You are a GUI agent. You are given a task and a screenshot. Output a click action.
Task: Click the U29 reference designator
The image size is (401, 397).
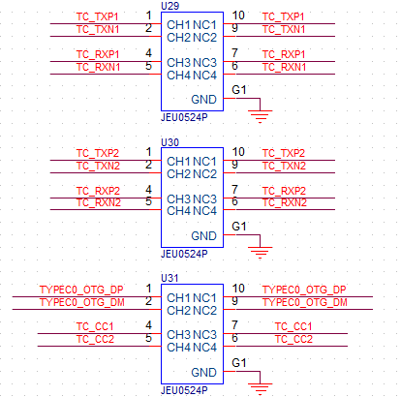tap(170, 6)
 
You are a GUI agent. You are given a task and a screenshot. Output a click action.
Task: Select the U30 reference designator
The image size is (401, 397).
tap(170, 142)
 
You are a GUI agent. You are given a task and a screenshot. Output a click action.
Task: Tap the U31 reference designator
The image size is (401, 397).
tap(170, 278)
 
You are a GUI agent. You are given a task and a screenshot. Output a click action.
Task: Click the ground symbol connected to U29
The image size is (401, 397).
tap(260, 116)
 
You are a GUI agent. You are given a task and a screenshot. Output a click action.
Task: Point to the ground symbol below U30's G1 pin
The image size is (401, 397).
tap(260, 253)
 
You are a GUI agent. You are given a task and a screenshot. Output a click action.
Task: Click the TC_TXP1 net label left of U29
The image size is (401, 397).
tap(97, 16)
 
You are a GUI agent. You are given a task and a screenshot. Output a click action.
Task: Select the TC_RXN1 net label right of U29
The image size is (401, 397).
tap(284, 67)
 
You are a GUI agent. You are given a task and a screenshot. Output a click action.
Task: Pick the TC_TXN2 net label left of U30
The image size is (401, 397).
tap(98, 166)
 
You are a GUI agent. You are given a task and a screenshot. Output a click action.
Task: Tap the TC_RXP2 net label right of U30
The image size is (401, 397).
tap(284, 191)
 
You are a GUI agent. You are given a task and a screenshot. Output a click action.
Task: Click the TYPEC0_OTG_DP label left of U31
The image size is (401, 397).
tap(81, 290)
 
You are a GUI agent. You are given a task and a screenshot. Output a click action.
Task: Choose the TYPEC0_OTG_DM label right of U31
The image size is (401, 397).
tap(305, 302)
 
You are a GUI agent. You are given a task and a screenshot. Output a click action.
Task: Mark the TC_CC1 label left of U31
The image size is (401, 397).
tap(95, 326)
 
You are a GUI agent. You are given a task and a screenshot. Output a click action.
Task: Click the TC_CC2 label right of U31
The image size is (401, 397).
tap(293, 339)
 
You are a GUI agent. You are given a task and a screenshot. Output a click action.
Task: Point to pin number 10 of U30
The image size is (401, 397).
tap(238, 152)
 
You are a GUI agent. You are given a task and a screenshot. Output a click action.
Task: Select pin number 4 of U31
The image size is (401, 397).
tap(148, 325)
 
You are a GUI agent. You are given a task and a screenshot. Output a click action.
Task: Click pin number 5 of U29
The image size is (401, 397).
tap(148, 66)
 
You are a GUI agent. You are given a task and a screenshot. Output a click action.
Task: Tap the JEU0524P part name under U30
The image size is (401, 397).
tap(184, 254)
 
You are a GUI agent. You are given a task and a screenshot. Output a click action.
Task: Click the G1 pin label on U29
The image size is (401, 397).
tap(239, 90)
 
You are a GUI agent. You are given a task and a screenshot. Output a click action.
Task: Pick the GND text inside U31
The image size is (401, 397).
tap(203, 373)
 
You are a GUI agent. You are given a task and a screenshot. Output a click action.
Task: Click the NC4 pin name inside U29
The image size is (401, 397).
tap(205, 76)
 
